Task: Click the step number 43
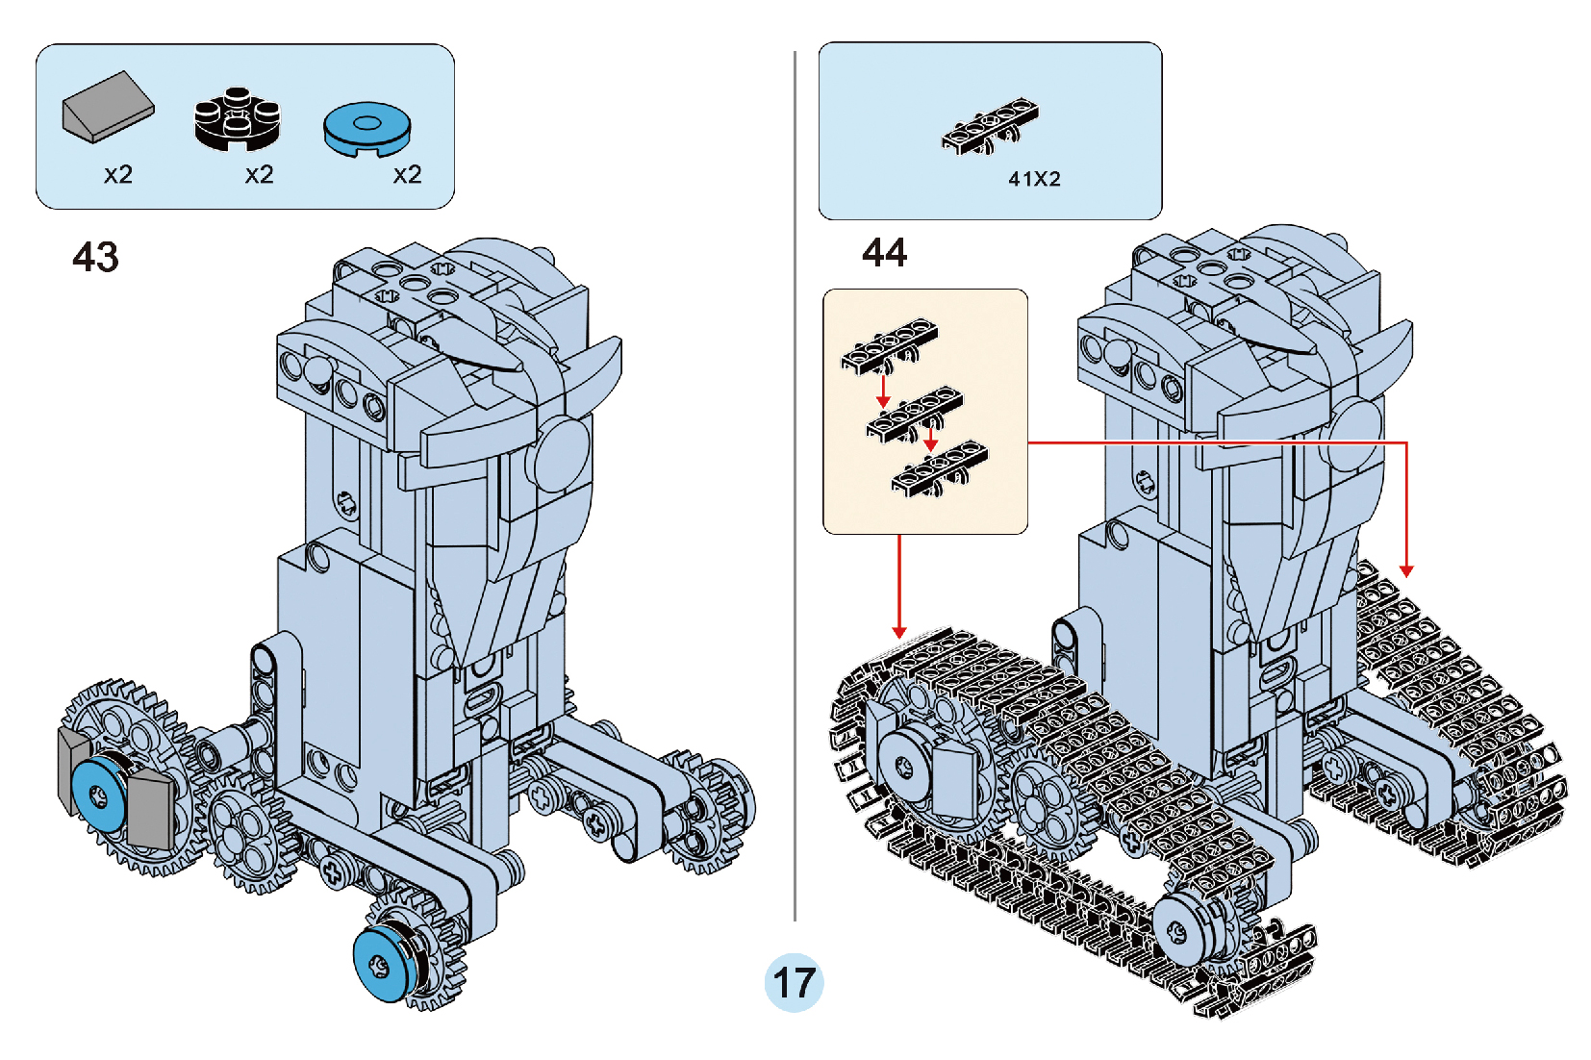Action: coord(95,257)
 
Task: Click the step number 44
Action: coord(884,253)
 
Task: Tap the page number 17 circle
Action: coord(794,982)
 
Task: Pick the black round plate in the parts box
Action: coord(237,118)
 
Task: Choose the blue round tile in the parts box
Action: coord(366,128)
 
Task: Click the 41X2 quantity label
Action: coord(1034,179)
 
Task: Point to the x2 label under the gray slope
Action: coord(118,175)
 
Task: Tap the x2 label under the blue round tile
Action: coord(407,175)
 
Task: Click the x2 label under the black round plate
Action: coord(259,175)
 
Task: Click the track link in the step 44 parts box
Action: coord(990,126)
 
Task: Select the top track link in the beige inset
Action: coord(889,345)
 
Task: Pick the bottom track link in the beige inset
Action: coord(939,468)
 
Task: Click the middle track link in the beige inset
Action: coord(914,416)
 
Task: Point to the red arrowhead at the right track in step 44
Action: coord(1406,571)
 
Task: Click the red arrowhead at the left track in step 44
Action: coord(898,632)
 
